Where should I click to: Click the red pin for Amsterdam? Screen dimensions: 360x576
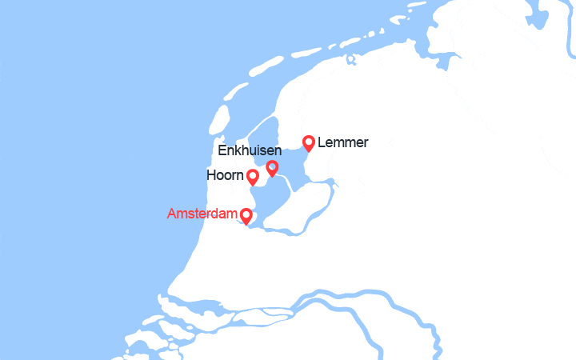[x=246, y=216]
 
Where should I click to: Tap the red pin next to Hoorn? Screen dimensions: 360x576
[x=253, y=177]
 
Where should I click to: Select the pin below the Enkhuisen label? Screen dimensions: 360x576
[x=272, y=167]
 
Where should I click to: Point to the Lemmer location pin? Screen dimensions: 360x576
[x=308, y=143]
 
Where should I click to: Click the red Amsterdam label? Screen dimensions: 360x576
[x=202, y=214]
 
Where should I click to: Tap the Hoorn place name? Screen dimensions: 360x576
[x=225, y=175]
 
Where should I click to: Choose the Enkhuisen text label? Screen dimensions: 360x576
[x=249, y=150]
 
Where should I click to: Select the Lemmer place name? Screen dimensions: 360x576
[x=343, y=143]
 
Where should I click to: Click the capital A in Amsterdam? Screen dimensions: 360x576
[x=172, y=214]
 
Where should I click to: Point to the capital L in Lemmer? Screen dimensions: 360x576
[x=322, y=143]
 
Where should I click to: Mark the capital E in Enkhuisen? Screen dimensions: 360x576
[x=222, y=150]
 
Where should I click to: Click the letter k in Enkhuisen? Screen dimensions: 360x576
[x=238, y=150]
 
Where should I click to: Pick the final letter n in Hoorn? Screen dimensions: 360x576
[x=240, y=175]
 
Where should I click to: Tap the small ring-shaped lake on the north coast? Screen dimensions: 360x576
[x=351, y=59]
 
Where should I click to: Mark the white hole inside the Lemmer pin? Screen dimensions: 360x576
[x=308, y=142]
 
